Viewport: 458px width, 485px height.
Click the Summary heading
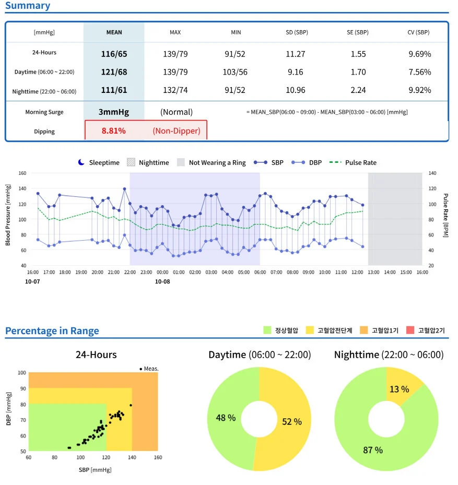(28, 6)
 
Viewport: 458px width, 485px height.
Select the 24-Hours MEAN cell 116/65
(114, 53)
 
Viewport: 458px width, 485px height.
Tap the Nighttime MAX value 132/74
(175, 90)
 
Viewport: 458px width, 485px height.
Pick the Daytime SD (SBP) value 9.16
(295, 72)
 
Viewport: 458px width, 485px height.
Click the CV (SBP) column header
(418, 32)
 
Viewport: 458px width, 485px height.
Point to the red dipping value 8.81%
(113, 131)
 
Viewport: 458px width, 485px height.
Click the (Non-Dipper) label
(176, 131)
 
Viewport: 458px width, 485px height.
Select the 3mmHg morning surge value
(114, 112)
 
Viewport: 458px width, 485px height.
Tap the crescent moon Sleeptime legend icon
(81, 162)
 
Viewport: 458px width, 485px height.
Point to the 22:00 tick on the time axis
(130, 273)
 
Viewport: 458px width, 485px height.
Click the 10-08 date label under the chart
(162, 281)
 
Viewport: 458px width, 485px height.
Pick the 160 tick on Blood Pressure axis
(22, 173)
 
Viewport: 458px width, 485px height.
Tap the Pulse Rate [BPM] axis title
(446, 216)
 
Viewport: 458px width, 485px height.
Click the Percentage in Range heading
(52, 330)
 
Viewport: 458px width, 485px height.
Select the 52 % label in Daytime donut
(291, 421)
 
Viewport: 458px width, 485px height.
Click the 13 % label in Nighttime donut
(399, 389)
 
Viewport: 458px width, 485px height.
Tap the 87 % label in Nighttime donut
(372, 449)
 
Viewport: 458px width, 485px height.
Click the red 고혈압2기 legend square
(410, 330)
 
